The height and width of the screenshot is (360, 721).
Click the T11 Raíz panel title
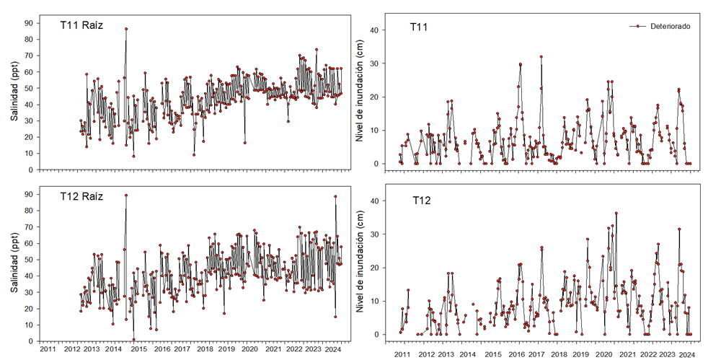[x=81, y=25]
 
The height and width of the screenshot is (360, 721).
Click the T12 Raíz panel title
[x=81, y=196]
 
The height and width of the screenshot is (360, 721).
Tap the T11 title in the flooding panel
[x=421, y=27]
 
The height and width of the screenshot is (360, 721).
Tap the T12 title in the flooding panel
[x=423, y=200]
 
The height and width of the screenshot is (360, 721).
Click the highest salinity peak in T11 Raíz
[x=126, y=29]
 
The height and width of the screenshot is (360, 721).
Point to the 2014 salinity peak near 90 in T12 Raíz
[x=126, y=195]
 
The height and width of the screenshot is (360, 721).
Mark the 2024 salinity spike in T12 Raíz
[x=335, y=196]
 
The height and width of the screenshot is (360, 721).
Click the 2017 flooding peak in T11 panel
[x=541, y=56]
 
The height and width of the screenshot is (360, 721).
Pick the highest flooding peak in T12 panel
[x=616, y=213]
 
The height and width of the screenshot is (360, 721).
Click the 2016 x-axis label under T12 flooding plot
[x=516, y=354]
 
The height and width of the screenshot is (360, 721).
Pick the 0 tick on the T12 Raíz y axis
[x=32, y=341]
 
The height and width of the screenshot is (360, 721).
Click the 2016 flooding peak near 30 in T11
[x=520, y=64]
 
